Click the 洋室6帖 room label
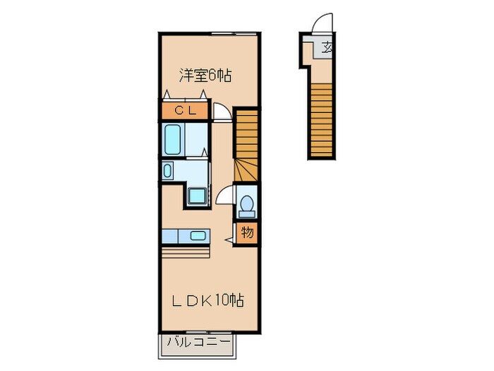pos(205,74)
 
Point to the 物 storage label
pos(247,232)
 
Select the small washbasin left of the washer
pos(168,170)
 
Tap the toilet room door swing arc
pos(224,195)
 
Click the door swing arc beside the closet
pos(222,112)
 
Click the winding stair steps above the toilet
pos(246,171)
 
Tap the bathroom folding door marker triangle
pos(205,150)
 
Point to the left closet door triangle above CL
pos(167,95)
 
